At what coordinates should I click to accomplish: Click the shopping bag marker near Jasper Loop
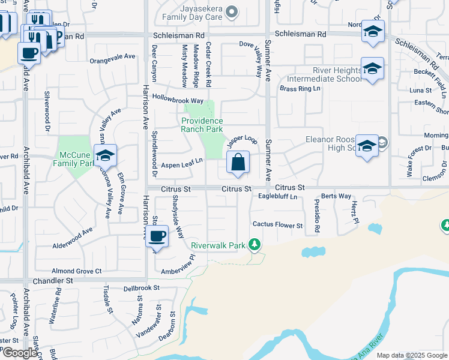pos(238,163)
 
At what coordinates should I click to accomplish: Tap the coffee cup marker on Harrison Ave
pos(157,235)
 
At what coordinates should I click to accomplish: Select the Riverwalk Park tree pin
pos(255,244)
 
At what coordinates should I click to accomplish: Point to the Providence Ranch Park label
pos(202,125)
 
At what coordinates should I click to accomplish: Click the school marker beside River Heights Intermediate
pos(372,69)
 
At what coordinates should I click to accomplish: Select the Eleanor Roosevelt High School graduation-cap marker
pos(367,146)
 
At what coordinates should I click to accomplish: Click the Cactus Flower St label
pos(277,226)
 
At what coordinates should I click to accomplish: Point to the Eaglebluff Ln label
pos(277,196)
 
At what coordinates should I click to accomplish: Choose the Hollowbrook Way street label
pos(178,100)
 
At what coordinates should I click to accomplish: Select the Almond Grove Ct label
pos(77,271)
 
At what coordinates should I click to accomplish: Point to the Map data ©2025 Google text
pos(412,355)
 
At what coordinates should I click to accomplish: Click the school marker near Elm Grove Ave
pos(105,155)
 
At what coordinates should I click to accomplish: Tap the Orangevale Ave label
pos(112,57)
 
